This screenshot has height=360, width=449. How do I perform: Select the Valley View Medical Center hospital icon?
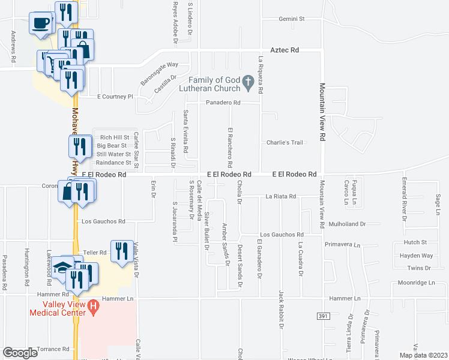93,308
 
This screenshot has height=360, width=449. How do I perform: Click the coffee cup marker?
41,23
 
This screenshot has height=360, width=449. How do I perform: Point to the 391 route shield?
324,316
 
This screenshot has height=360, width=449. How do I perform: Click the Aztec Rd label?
285,50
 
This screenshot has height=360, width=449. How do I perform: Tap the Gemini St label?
292,19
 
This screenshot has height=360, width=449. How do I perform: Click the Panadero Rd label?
223,103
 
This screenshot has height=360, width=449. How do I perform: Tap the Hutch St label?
415,242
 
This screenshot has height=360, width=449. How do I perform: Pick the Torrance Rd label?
53,349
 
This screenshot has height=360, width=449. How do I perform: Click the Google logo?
20,353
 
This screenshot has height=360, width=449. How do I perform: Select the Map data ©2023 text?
423,355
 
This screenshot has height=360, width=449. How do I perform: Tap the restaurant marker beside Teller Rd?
123,251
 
